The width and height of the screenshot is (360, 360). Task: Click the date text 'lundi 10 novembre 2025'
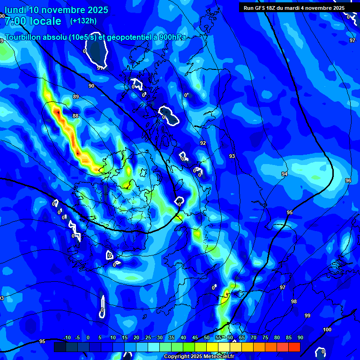point(56,10)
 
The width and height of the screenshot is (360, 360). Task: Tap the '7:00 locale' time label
point(33,21)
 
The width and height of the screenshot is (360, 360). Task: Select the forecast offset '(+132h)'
point(83,21)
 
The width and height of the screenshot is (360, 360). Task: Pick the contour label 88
point(75,116)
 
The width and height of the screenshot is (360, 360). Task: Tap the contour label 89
point(76,97)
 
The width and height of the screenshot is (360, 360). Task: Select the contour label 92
point(203,143)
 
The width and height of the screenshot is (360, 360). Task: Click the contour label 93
point(232,156)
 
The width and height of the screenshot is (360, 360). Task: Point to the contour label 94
point(285,174)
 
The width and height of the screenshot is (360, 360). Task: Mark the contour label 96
point(348,180)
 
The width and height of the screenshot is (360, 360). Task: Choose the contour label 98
point(294,301)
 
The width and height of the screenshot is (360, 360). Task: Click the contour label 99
point(307,315)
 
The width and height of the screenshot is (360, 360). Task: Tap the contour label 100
point(327,330)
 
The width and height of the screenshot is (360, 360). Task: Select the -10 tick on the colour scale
point(67,338)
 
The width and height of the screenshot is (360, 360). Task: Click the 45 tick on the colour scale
point(195,338)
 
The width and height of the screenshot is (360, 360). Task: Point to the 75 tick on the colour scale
point(265,338)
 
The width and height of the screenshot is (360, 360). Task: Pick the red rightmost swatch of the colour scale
point(294,347)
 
